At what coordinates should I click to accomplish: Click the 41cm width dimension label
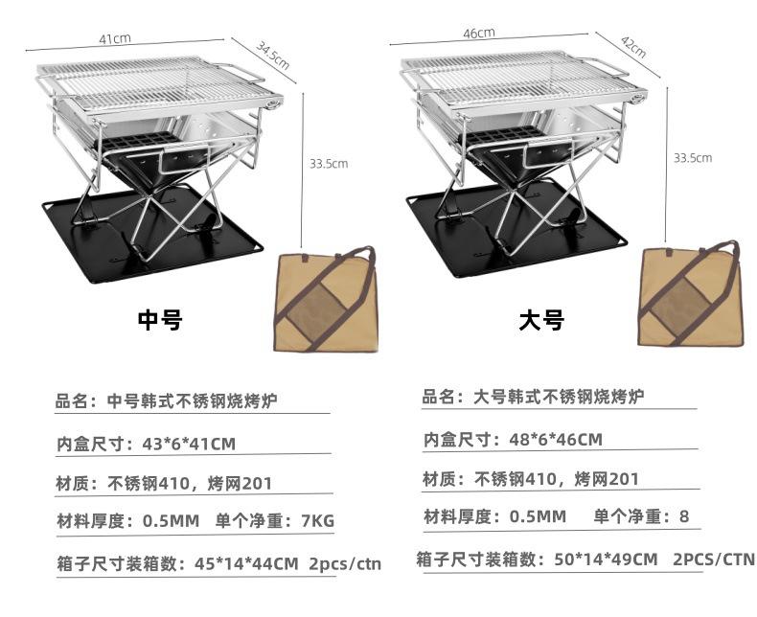tap(115, 39)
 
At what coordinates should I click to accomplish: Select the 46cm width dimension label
tap(479, 33)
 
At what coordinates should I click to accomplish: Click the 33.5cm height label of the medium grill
tap(329, 164)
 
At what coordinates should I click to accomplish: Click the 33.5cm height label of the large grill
tap(692, 157)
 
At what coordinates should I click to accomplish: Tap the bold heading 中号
tap(159, 320)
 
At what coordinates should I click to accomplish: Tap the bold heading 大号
tap(541, 320)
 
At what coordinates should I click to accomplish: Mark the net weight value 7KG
tap(317, 521)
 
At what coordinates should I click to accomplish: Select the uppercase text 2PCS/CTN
tap(714, 559)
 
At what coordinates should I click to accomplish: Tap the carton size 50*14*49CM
tap(602, 559)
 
